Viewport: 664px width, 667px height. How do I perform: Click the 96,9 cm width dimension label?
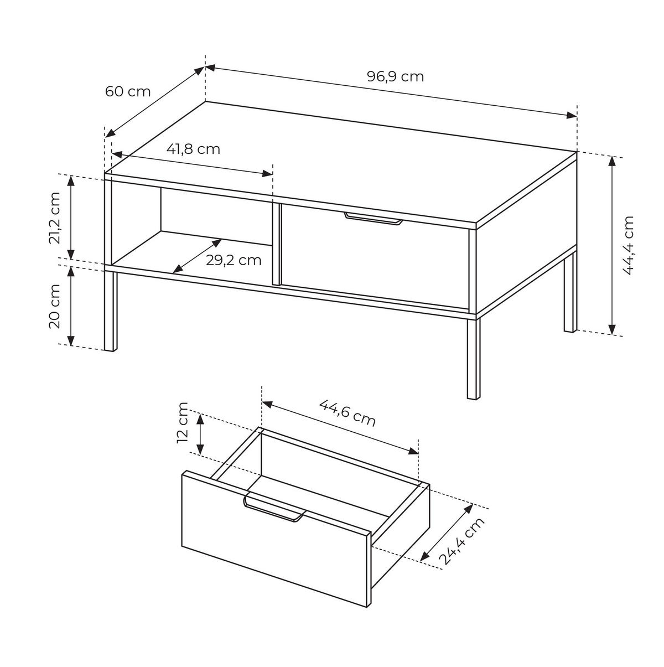[x=395, y=76]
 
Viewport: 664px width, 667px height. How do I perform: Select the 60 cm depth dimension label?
[x=128, y=92]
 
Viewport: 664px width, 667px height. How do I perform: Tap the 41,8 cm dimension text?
[x=193, y=149]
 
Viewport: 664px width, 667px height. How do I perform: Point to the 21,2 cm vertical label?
[x=54, y=218]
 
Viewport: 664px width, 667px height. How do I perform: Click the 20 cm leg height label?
[x=54, y=306]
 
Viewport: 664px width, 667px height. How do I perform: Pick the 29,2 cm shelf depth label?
[x=234, y=260]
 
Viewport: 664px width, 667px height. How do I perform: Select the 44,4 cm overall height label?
[x=627, y=245]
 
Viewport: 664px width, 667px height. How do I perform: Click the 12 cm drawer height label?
[x=182, y=422]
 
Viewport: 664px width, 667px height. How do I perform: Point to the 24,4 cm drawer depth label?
[x=461, y=546]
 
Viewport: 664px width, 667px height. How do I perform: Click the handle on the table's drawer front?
[x=373, y=219]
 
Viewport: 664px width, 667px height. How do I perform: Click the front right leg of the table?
[x=474, y=359]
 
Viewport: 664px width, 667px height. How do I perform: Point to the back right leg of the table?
[x=570, y=292]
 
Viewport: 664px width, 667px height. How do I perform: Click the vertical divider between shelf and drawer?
[x=276, y=244]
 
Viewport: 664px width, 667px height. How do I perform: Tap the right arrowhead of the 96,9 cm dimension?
[x=572, y=116]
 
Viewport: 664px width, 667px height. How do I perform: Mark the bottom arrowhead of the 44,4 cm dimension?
[x=612, y=329]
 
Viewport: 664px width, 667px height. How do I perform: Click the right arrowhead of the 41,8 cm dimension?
[x=267, y=173]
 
